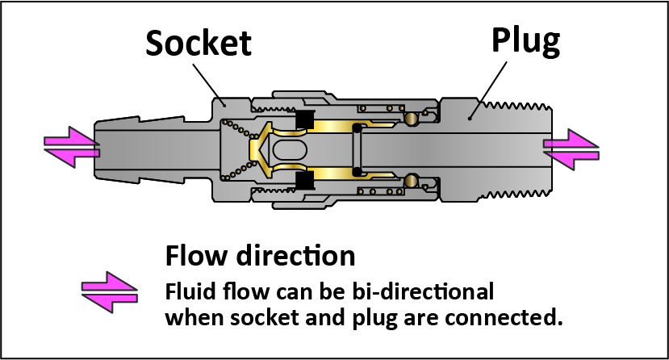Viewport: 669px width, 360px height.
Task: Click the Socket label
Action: point(199,44)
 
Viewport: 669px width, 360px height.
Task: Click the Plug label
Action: point(525,41)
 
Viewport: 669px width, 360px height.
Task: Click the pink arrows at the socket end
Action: point(72,148)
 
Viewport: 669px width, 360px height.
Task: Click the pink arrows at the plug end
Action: point(571,149)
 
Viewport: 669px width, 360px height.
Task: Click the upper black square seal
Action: point(304,119)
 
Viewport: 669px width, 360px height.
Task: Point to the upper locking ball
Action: point(412,119)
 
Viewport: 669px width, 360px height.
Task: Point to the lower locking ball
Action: point(412,178)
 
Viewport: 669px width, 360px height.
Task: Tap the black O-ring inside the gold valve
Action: point(356,149)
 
